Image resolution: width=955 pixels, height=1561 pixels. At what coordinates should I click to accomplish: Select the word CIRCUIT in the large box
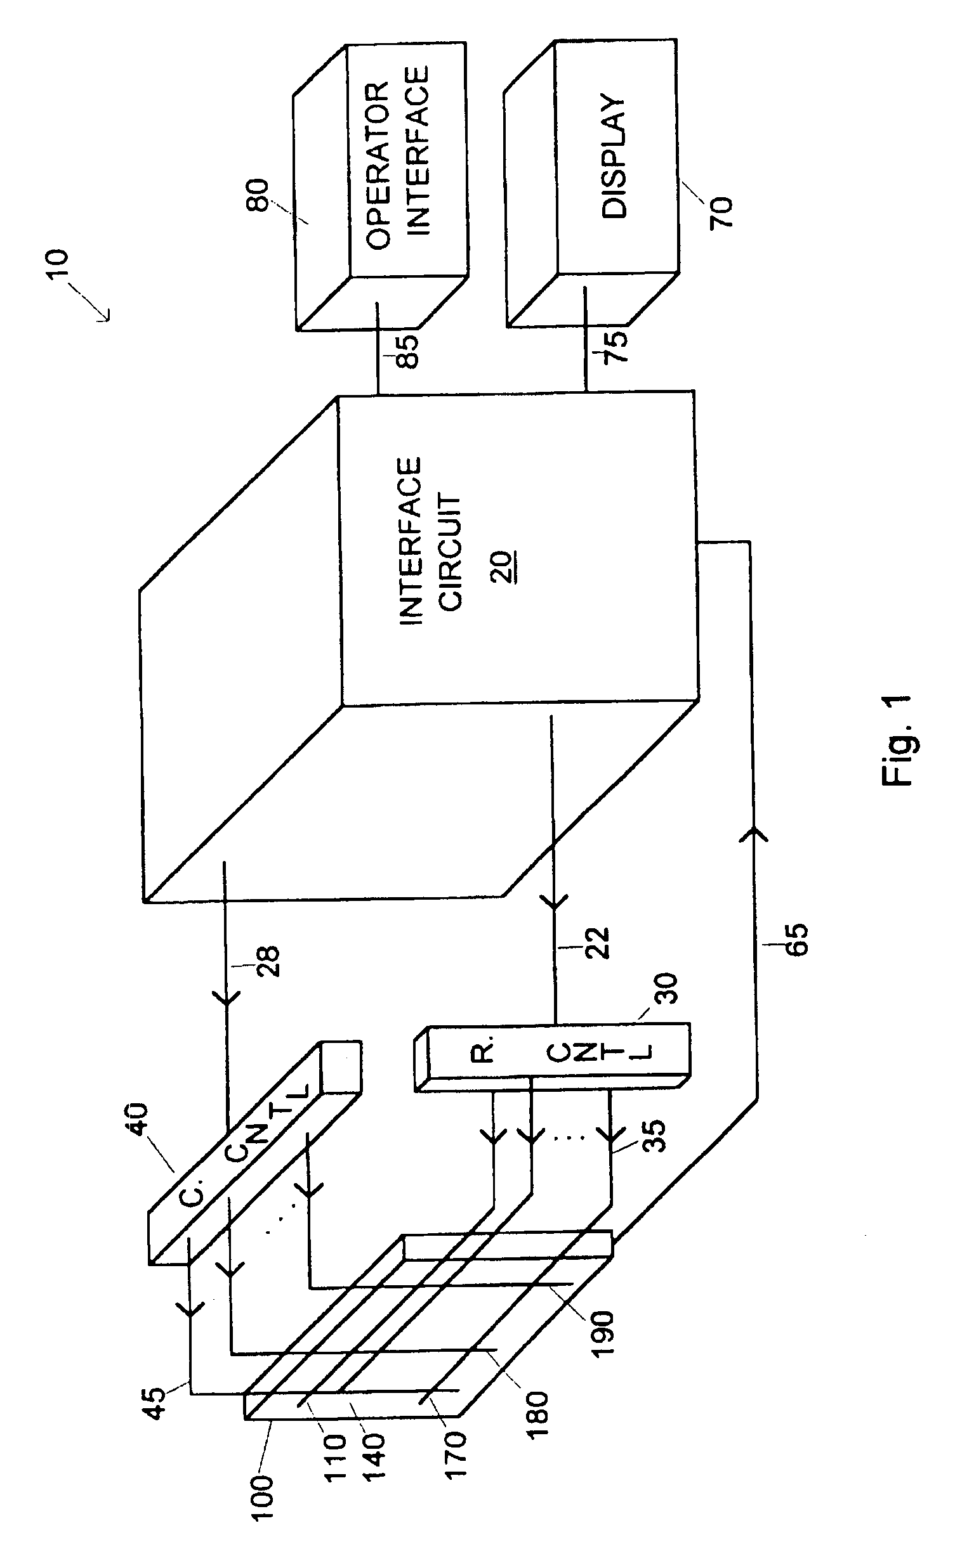(x=451, y=554)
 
